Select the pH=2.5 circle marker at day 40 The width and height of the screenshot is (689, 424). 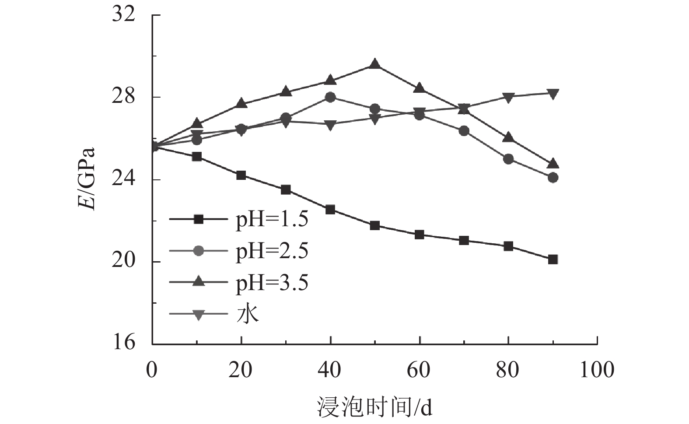click(x=330, y=97)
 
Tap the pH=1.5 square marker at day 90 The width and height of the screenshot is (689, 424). click(x=553, y=259)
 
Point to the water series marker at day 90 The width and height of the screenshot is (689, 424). click(x=553, y=93)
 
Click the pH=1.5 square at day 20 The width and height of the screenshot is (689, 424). click(x=241, y=175)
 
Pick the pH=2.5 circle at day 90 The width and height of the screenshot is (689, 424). click(x=553, y=178)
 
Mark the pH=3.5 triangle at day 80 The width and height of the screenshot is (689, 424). click(x=508, y=137)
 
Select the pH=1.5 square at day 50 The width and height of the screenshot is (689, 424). click(x=374, y=226)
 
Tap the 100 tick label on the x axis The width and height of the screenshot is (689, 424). click(x=597, y=370)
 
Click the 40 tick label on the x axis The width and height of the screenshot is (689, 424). click(x=329, y=370)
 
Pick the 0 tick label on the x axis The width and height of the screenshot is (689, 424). click(x=152, y=370)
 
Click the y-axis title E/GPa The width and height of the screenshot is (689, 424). click(x=88, y=179)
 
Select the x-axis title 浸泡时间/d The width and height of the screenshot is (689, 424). click(x=374, y=407)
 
